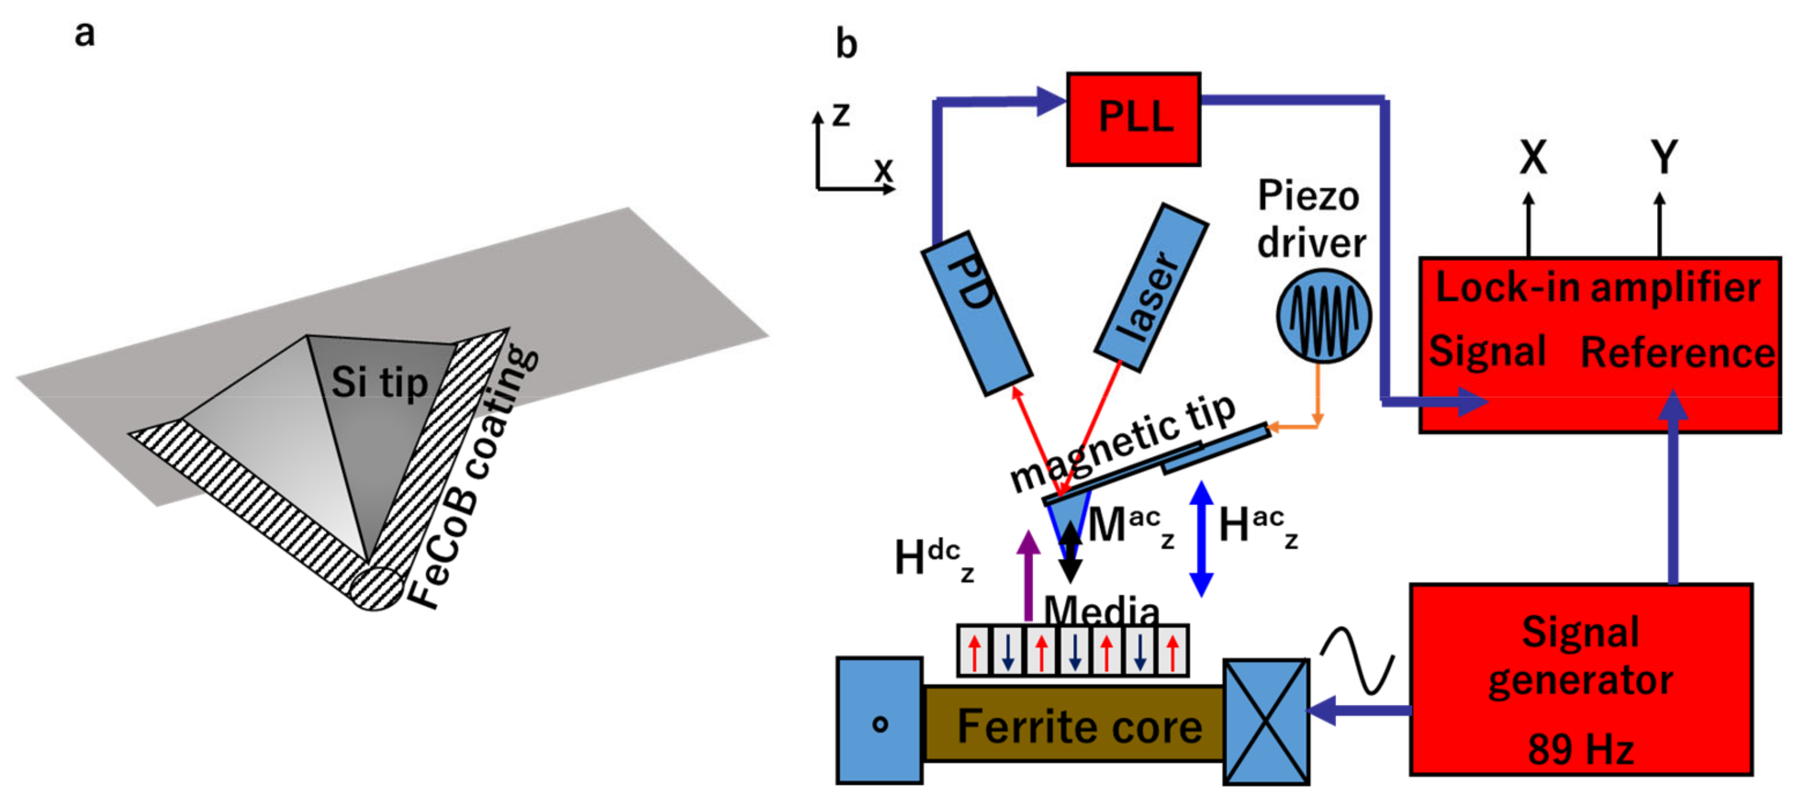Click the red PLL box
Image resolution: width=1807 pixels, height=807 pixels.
pos(1133,119)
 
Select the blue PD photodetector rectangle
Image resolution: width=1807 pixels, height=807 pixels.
pos(976,313)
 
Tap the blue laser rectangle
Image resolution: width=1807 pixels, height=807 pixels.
pos(1151,287)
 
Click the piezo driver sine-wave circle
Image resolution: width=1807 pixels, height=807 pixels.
pos(1322,315)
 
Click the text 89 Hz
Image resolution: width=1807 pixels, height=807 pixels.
pos(1580,749)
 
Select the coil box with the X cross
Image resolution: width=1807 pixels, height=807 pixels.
pos(1266,721)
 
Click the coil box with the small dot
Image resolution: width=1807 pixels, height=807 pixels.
pos(879,721)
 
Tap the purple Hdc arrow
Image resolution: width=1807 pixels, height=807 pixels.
pos(1028,576)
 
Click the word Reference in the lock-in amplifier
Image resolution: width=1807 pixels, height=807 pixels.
pos(1677,352)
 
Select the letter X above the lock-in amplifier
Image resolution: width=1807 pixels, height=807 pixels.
pos(1533,157)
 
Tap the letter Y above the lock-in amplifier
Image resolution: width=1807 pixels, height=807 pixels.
pos(1663,157)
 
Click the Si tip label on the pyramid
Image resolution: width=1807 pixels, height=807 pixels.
pos(379,383)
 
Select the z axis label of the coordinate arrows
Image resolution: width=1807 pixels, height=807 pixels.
pos(841,114)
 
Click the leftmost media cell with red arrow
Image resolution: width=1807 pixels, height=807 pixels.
pos(974,651)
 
